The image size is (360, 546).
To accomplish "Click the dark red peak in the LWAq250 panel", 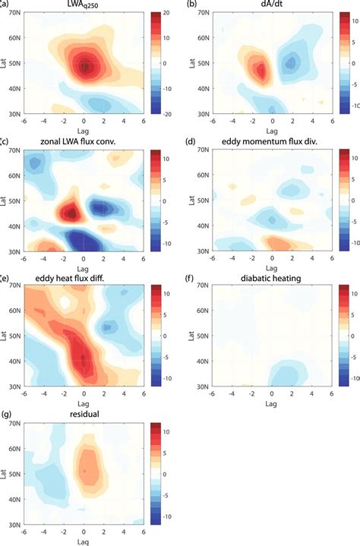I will (x=84, y=66).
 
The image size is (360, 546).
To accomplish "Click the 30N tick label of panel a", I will (x=14, y=116).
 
